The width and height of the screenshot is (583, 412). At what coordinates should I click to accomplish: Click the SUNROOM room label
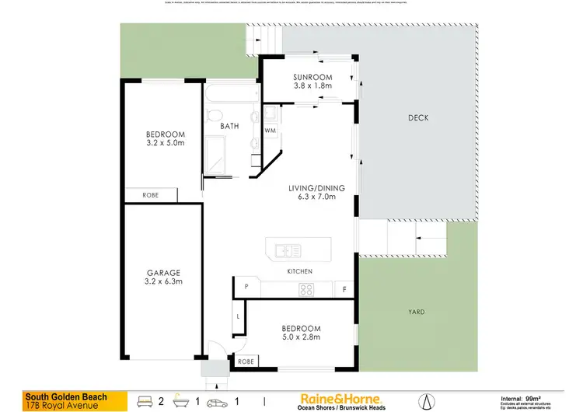(312, 77)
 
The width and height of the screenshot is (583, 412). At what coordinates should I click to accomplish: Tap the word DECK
(418, 118)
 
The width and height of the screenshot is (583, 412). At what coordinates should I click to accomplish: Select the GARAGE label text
(163, 273)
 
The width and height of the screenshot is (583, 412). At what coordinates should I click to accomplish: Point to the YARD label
(417, 312)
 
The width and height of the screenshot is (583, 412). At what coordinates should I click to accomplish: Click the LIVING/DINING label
(312, 187)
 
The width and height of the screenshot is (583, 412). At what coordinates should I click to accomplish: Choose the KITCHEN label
(300, 271)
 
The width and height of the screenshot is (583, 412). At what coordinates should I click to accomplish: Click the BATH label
(229, 126)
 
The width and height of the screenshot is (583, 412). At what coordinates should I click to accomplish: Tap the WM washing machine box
(271, 131)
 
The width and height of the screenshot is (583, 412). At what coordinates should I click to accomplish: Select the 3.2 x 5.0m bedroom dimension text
(163, 142)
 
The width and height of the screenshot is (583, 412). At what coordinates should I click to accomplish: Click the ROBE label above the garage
(150, 195)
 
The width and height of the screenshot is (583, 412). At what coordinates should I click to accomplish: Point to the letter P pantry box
(246, 288)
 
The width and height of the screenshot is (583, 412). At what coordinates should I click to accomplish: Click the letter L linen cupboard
(239, 317)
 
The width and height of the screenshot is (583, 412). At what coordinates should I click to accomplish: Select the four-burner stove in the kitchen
(306, 290)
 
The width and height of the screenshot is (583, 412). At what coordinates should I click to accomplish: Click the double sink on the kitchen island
(285, 250)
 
